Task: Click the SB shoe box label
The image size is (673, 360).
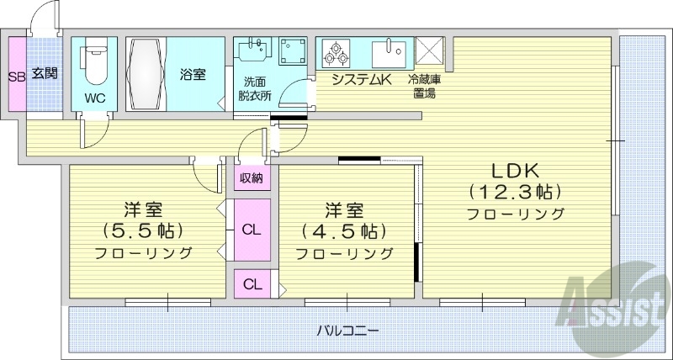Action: point(15,76)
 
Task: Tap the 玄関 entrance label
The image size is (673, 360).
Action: point(45,74)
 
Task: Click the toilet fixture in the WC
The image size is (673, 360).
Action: point(94,66)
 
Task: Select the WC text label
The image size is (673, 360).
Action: point(94,98)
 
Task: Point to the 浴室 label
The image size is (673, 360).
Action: point(193,75)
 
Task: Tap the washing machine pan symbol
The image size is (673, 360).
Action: point(293,53)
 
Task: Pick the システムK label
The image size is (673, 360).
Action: point(362,81)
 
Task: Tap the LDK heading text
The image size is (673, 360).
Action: point(514,167)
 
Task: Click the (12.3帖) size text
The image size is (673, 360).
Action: point(514,190)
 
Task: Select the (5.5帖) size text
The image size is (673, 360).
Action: point(143,230)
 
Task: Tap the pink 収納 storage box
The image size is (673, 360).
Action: point(251,177)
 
